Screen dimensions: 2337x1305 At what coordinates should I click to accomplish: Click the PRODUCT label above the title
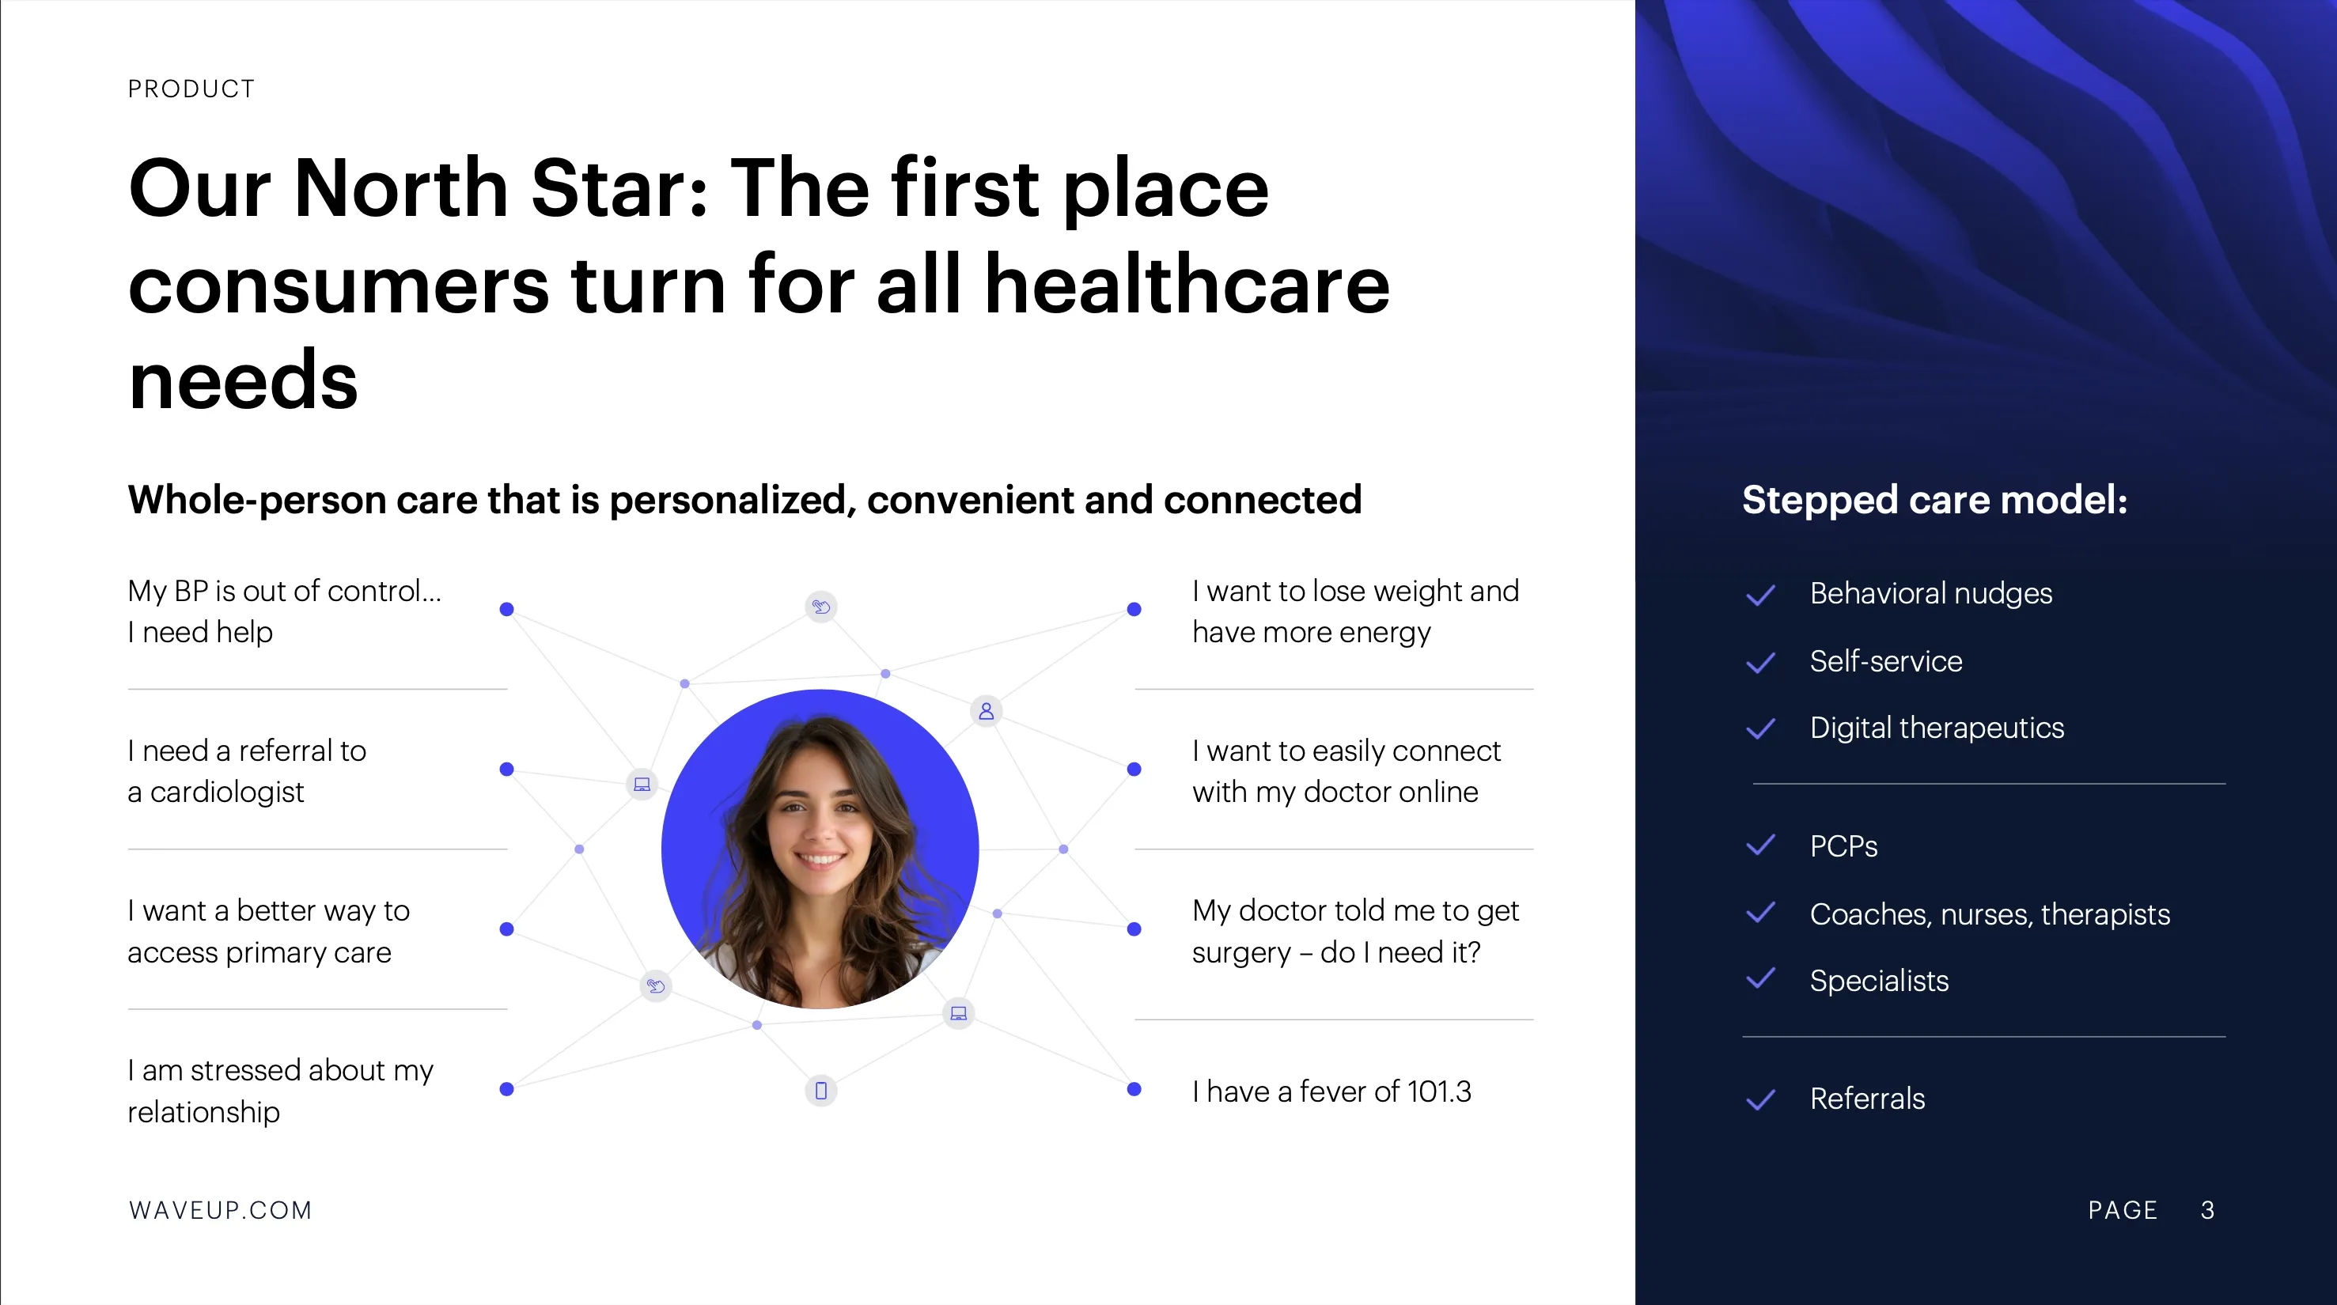coord(191,89)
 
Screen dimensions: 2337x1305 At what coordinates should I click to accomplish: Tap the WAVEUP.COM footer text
coord(221,1210)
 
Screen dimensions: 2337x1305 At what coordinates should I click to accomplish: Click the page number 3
coord(2207,1210)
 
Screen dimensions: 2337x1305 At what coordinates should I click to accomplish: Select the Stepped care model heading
coord(1934,500)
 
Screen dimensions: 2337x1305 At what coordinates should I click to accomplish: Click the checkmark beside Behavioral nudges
coord(1760,595)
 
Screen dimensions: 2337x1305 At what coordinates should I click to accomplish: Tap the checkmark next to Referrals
coord(1760,1100)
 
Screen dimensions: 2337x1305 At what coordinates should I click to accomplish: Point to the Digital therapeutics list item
coord(1936,728)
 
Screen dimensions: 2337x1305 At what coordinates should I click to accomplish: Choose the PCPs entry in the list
coord(1843,846)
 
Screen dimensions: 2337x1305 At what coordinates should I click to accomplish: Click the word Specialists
coord(1879,981)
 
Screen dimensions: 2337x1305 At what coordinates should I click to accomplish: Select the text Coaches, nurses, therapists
coord(1990,914)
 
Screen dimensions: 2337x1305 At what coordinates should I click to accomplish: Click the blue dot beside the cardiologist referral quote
coord(507,769)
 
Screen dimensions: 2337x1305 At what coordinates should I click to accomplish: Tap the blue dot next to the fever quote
coord(1134,1089)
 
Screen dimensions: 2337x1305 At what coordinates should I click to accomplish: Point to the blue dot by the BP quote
coord(507,610)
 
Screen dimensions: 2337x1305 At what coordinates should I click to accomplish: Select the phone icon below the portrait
coord(821,1090)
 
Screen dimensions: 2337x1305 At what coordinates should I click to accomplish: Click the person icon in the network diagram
coord(987,711)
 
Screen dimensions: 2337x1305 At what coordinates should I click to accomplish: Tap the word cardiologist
coord(227,792)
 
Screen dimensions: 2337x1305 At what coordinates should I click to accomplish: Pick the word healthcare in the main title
coord(1187,285)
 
